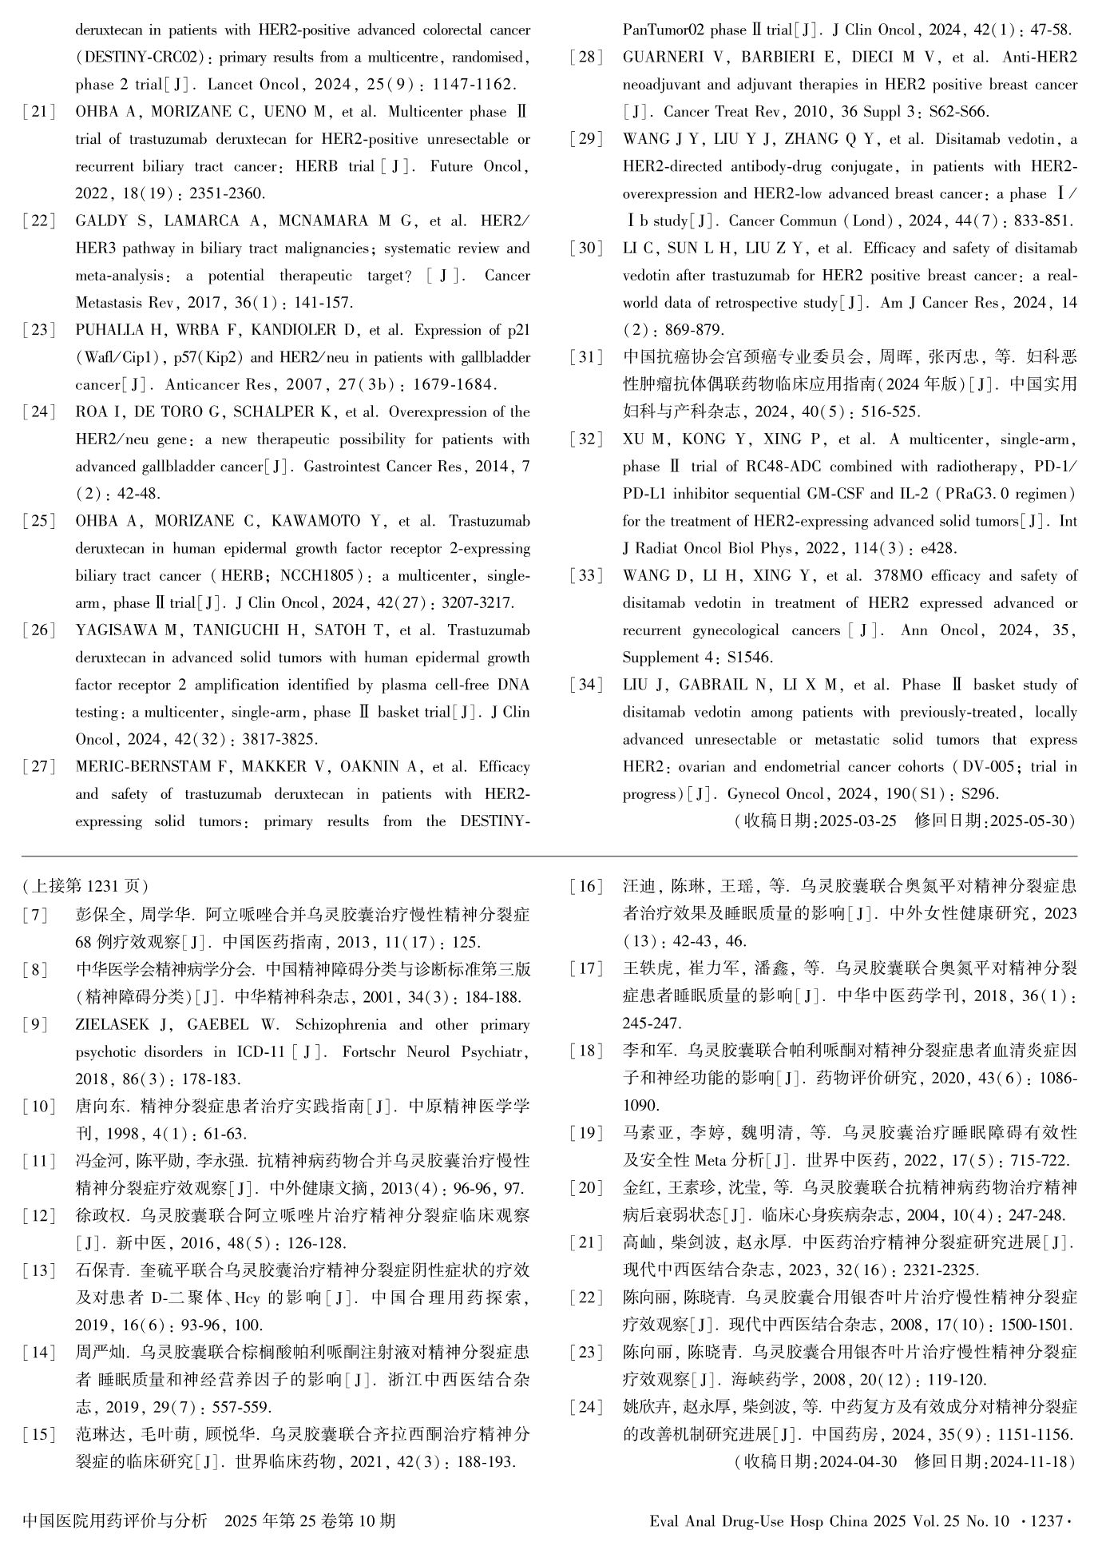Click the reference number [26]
click(39, 630)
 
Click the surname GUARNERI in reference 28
click(659, 58)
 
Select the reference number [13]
click(39, 1270)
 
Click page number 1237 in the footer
click(1048, 1520)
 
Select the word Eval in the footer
click(665, 1520)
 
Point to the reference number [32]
click(586, 439)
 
